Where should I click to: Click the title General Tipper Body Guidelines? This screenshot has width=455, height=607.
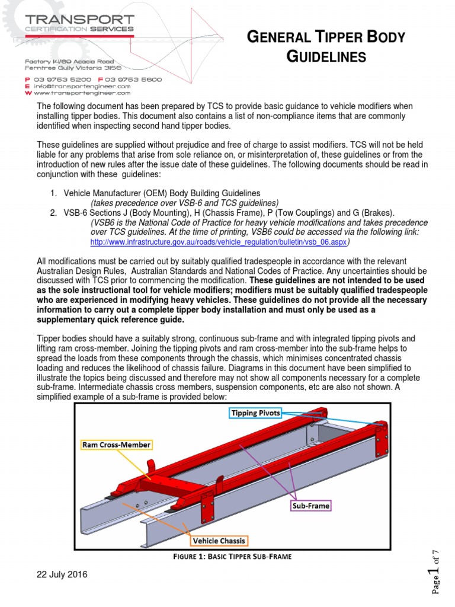coord(325,47)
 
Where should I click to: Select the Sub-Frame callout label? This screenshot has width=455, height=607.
coord(310,506)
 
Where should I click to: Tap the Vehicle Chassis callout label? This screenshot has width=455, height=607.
coord(219,541)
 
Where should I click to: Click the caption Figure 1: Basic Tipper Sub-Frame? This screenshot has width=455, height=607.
coord(231,557)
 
